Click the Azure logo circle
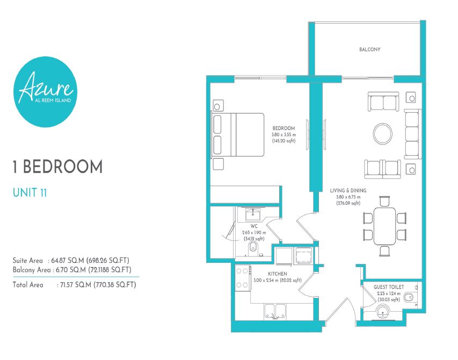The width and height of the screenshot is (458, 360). click(x=45, y=92)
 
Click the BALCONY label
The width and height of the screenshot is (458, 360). click(x=370, y=50)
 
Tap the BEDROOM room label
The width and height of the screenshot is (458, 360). click(x=283, y=128)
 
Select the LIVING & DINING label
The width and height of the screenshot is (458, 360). click(x=348, y=190)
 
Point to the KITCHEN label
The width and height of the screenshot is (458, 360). click(x=278, y=274)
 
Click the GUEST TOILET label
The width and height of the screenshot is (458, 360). click(x=389, y=287)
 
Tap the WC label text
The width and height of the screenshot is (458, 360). click(x=254, y=226)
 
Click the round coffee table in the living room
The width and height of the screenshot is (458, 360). click(x=383, y=134)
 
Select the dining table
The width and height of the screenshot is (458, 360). click(x=384, y=226)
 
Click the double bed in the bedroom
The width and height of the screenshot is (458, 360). click(x=237, y=135)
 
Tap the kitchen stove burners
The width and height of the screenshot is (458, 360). click(x=242, y=278)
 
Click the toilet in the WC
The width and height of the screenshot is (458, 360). click(x=253, y=249)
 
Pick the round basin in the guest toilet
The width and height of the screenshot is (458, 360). click(x=383, y=312)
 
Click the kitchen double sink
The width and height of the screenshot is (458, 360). click(x=275, y=311)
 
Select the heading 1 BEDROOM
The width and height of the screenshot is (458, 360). click(x=57, y=167)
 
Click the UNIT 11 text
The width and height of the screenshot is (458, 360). click(x=30, y=193)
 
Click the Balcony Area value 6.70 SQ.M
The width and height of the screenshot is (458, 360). click(x=71, y=270)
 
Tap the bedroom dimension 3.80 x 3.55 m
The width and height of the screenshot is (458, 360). click(x=283, y=135)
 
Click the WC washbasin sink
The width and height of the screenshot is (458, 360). click(x=253, y=214)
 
